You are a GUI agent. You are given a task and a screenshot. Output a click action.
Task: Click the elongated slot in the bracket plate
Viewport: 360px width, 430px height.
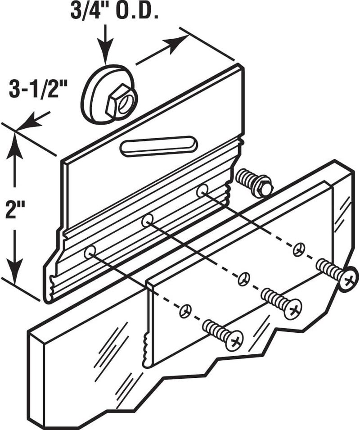tap(159, 146)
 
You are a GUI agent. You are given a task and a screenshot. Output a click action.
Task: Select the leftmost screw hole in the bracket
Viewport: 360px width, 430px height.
tap(90, 252)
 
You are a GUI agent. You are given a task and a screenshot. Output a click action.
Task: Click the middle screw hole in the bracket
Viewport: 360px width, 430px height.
tap(148, 221)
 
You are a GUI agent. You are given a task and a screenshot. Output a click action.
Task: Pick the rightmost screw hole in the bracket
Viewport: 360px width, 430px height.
tap(202, 190)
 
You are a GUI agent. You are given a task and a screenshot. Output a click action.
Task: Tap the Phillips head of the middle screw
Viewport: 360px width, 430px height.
tap(293, 310)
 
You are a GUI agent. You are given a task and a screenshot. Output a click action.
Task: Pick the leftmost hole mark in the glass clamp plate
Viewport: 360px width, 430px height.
tap(185, 311)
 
